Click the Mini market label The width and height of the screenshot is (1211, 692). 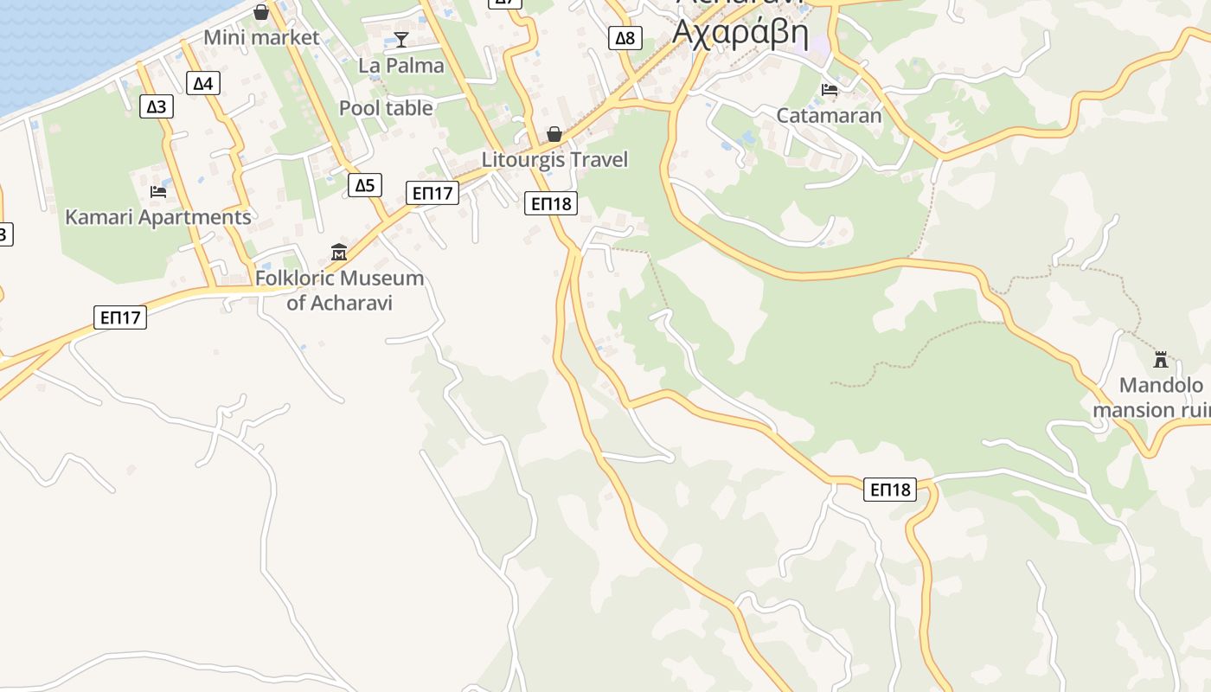coord(261,38)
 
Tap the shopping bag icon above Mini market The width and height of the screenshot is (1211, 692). coord(261,12)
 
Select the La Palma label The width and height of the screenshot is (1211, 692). coord(401,66)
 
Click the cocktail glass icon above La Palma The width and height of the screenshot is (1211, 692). coord(401,39)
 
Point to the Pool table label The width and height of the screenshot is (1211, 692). coord(386,108)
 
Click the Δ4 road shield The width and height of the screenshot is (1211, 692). coord(202,83)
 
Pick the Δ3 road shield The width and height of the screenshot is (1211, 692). coord(157,106)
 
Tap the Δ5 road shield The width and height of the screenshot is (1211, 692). coord(365,185)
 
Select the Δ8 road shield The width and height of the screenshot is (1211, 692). coord(625,38)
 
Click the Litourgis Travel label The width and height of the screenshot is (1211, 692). coord(554,160)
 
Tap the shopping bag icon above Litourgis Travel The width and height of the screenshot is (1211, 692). coord(554,134)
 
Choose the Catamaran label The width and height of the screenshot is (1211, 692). coord(829,116)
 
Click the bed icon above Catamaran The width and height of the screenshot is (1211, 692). coord(829,90)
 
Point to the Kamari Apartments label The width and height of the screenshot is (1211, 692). coord(158,217)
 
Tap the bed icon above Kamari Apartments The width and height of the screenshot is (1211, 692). coord(158,191)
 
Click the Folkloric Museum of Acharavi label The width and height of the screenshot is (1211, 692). coord(339,291)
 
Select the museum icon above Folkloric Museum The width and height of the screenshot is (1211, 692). coord(339,253)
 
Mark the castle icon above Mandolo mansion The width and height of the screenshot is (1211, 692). coord(1161,359)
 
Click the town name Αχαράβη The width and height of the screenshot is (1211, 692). coord(740,33)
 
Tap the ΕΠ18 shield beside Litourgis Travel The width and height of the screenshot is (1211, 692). coord(551,204)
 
